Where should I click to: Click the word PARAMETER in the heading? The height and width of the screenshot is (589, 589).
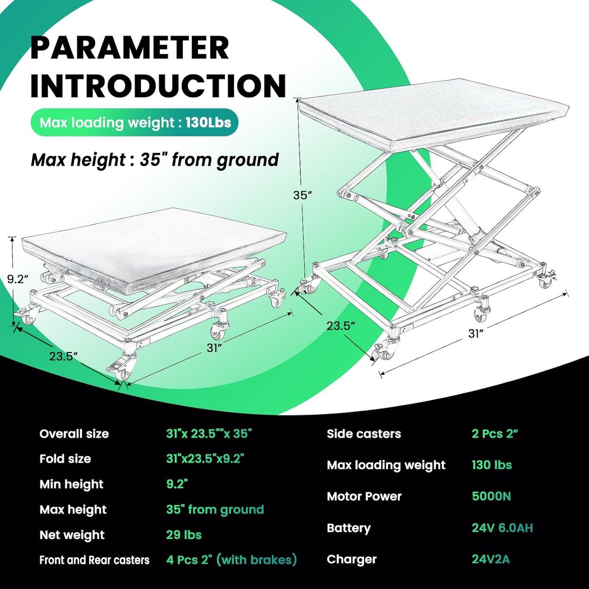(x=130, y=48)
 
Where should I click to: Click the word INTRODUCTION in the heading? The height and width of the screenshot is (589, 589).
(x=158, y=86)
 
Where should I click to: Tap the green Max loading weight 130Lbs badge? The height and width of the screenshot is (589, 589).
(x=135, y=123)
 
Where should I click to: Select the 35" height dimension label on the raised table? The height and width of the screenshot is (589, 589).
(x=302, y=195)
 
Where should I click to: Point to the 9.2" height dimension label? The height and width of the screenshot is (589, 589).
(x=18, y=279)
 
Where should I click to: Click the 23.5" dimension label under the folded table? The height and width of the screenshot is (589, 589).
(x=64, y=356)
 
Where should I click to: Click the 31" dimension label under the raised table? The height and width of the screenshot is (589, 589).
(x=475, y=334)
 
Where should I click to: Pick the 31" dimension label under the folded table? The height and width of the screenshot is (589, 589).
(x=214, y=348)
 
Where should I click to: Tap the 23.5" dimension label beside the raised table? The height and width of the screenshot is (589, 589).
(x=340, y=326)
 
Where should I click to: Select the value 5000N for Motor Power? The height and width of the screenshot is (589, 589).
(x=491, y=496)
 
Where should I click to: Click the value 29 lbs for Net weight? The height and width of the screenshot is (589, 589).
(x=184, y=535)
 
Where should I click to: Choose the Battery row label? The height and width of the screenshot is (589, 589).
(x=349, y=528)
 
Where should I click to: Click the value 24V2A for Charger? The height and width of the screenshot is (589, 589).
(x=491, y=559)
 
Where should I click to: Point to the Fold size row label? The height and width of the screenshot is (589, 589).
(x=65, y=459)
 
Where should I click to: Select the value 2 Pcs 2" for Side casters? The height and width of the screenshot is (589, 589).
(x=494, y=434)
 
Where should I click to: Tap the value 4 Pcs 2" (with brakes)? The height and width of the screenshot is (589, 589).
(x=231, y=560)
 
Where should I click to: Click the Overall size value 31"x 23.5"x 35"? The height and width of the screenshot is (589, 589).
(x=209, y=434)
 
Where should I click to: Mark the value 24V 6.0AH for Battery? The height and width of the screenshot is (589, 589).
(x=502, y=528)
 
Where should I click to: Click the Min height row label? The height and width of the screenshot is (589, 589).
(x=71, y=484)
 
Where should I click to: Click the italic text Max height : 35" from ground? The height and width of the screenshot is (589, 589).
(x=154, y=160)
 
